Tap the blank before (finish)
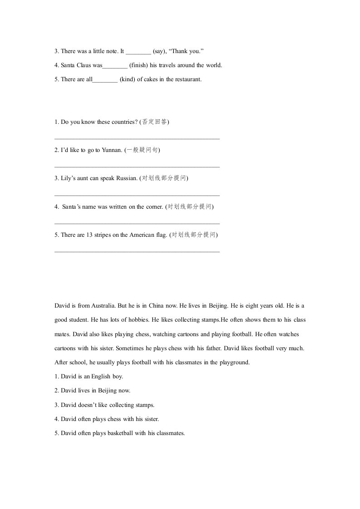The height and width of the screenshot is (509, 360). click(x=115, y=66)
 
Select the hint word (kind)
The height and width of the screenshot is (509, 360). click(x=127, y=79)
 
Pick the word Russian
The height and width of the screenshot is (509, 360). click(x=127, y=178)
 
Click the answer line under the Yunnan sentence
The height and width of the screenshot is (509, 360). click(x=137, y=167)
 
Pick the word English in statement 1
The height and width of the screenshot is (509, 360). click(x=101, y=377)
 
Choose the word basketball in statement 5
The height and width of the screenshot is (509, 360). click(x=120, y=433)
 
